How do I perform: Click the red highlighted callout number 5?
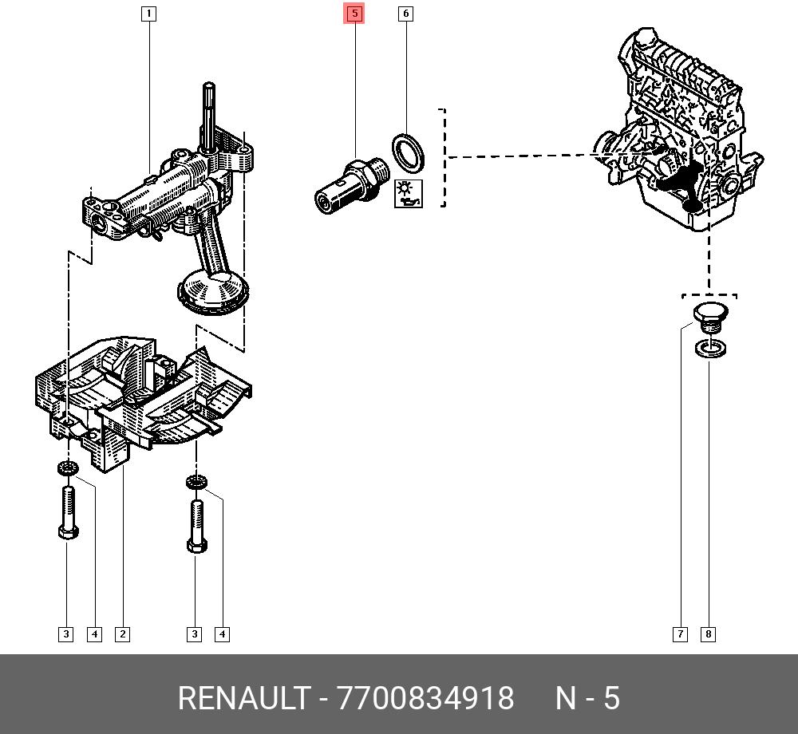pos(354,14)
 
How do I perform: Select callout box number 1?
pos(148,14)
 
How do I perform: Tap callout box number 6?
pos(405,14)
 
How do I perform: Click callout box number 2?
pos(122,633)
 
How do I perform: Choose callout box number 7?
pos(680,633)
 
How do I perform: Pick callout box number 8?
pos(708,633)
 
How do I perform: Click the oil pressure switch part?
pos(352,185)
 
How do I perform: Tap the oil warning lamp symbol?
pos(408,194)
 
